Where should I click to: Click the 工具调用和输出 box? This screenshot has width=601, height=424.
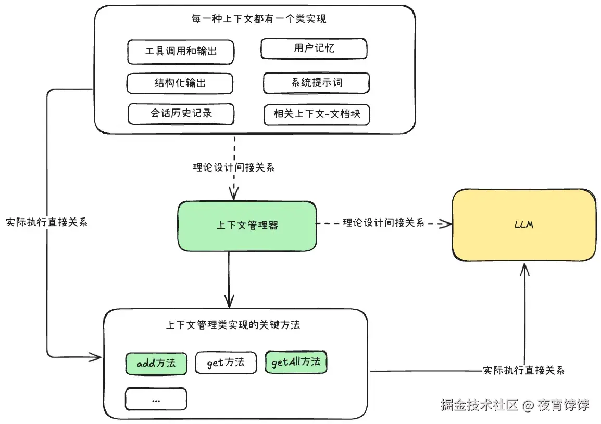click(x=180, y=52)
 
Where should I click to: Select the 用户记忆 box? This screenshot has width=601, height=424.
click(x=314, y=49)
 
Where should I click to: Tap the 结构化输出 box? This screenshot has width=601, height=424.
click(x=180, y=83)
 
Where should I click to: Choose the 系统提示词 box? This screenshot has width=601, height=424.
click(x=316, y=83)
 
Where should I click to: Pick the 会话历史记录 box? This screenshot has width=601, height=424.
click(x=181, y=114)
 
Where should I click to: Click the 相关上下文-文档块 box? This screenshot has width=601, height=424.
click(x=316, y=114)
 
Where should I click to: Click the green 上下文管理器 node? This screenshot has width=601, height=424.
click(x=247, y=225)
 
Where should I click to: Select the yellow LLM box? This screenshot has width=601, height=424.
click(x=523, y=225)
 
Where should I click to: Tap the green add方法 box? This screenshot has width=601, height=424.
click(x=156, y=364)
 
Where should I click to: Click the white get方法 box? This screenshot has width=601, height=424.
click(x=226, y=362)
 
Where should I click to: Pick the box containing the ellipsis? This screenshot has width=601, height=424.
click(x=156, y=399)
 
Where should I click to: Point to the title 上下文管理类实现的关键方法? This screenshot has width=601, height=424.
click(x=233, y=325)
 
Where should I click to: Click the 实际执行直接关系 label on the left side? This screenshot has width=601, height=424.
click(x=46, y=222)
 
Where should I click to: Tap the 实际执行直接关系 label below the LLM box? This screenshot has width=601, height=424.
click(x=523, y=370)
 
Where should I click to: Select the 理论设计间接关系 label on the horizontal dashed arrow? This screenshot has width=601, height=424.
click(x=383, y=223)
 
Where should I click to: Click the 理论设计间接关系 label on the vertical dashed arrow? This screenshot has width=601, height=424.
click(x=233, y=167)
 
